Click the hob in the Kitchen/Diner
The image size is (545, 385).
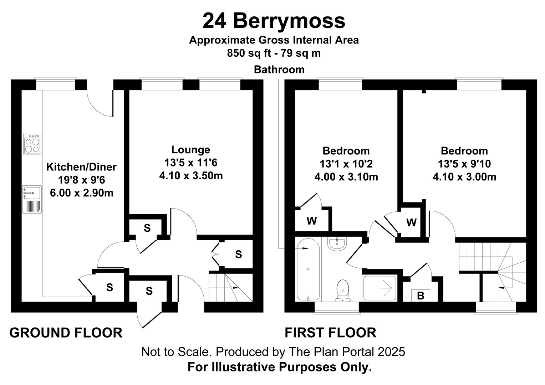(x=32, y=144)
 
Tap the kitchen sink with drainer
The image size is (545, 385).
(x=32, y=200)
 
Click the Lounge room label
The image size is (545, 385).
(x=191, y=150)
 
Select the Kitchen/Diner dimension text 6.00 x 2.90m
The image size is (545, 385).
(x=82, y=193)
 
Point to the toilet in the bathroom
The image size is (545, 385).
(x=342, y=291)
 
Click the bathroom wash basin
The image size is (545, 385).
(x=337, y=243)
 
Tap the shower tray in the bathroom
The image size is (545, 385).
(x=380, y=288)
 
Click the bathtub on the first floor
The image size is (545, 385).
(x=308, y=269)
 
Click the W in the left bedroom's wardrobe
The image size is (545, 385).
(x=312, y=221)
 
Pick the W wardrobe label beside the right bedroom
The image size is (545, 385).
(x=412, y=222)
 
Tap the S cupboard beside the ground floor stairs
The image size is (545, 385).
(x=238, y=255)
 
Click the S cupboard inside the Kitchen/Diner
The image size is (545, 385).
(x=109, y=288)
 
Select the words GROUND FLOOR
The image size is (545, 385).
(x=66, y=333)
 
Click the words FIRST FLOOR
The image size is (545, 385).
(x=330, y=333)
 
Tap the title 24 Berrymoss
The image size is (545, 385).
(x=274, y=21)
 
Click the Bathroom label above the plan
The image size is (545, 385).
(x=279, y=70)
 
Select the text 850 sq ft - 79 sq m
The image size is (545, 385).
(x=274, y=53)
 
